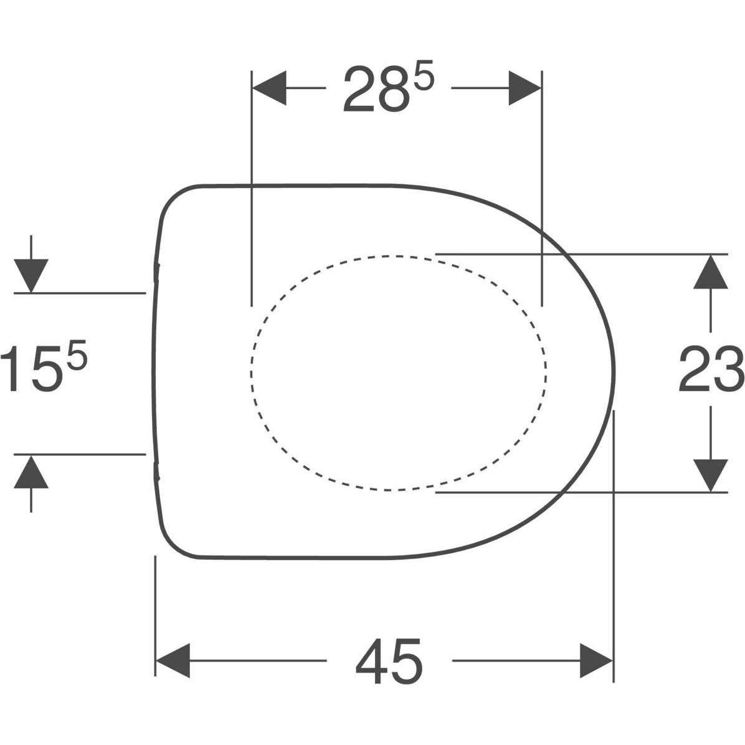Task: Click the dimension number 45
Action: (x=389, y=662)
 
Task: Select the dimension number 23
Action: (x=711, y=369)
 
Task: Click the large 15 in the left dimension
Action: (x=31, y=369)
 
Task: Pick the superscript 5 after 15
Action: (x=77, y=354)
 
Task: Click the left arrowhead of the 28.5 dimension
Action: (x=269, y=88)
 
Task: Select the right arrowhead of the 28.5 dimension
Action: (x=525, y=88)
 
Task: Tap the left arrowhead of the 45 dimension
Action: (x=173, y=660)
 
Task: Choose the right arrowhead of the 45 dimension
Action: (x=596, y=660)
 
